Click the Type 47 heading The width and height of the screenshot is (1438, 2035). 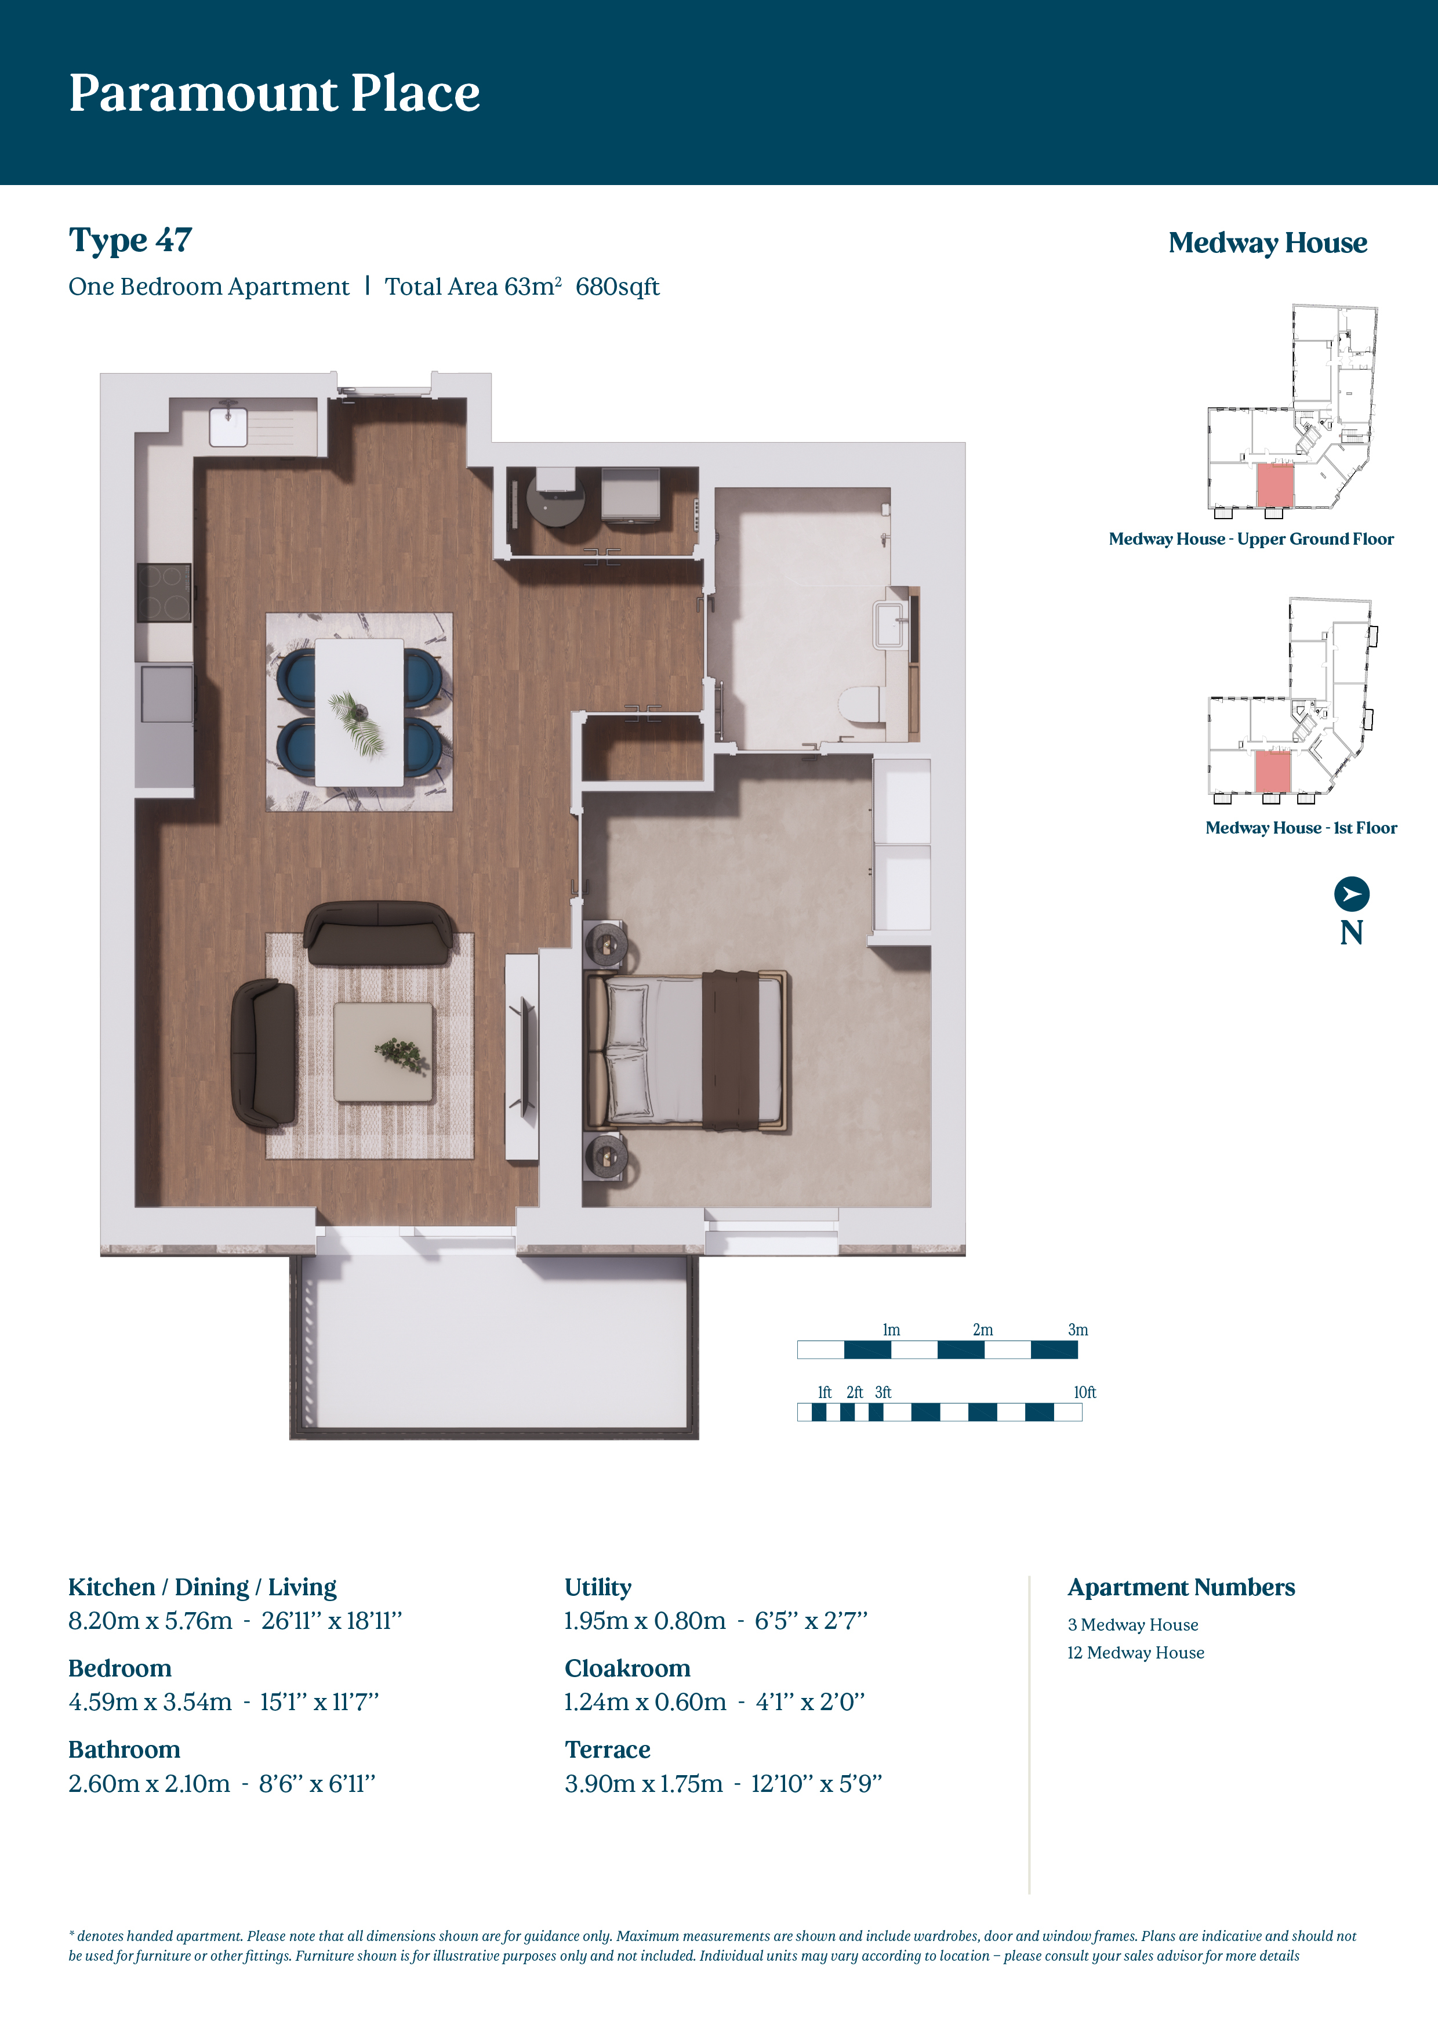coord(130,240)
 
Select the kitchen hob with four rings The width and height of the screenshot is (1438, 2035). coord(164,593)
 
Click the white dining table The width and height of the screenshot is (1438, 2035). coord(359,712)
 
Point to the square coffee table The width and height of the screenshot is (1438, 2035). coord(384,1052)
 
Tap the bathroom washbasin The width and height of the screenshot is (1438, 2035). coord(889,625)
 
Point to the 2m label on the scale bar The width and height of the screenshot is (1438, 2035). coord(983,1330)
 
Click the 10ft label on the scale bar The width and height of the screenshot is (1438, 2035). coord(1084,1392)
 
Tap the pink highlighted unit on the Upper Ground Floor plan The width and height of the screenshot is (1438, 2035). coord(1276,485)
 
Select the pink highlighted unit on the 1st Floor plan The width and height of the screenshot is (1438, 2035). coord(1272,771)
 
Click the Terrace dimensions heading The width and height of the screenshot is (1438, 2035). coord(608,1750)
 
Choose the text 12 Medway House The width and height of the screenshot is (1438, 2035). coord(1136,1652)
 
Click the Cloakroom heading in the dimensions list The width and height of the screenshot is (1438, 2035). coord(627,1668)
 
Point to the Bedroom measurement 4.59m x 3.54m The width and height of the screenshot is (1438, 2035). coord(150,1702)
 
